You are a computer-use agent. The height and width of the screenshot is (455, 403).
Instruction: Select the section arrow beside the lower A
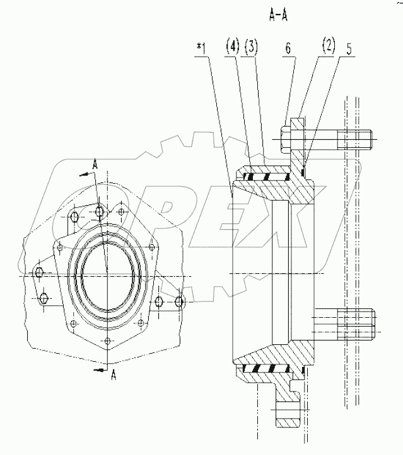point(100,371)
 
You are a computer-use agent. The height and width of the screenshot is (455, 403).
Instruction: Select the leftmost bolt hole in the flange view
point(39,273)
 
